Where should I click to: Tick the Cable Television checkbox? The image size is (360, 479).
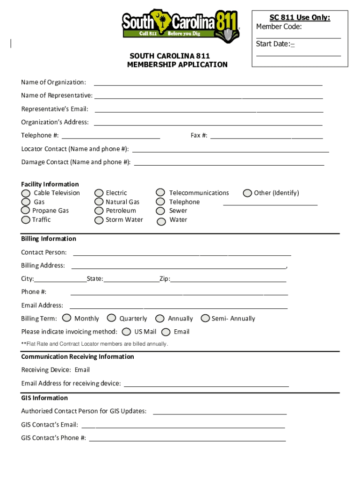26,193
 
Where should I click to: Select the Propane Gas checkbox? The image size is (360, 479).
26,211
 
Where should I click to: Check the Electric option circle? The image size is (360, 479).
99,193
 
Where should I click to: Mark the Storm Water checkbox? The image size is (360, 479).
99,220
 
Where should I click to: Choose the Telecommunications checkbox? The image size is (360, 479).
160,193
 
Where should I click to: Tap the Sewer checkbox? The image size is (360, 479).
160,211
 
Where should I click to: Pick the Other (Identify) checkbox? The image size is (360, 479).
248,193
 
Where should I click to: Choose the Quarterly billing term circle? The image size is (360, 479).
112,318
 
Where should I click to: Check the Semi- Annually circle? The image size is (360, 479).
205,318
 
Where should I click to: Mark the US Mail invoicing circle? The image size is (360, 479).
126,332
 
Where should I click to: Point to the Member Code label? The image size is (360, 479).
279,27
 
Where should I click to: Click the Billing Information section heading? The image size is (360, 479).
49,239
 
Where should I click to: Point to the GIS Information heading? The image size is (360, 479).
44,398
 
